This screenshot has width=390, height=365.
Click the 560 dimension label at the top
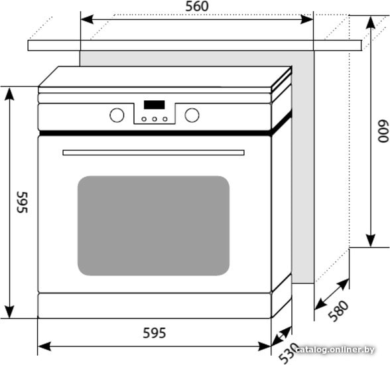[197, 7]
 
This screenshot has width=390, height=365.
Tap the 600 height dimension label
[383, 131]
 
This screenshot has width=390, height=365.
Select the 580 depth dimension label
[338, 311]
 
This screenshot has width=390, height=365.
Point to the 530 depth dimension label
[288, 353]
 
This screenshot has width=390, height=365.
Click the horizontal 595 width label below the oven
[154, 333]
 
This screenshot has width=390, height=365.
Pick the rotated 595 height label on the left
[23, 202]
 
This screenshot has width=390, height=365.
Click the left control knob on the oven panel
[117, 115]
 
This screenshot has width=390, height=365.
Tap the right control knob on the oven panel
[192, 115]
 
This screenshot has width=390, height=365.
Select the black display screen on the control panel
[154, 105]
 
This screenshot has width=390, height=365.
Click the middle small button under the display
[155, 119]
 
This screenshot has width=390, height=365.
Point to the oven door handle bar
[153, 153]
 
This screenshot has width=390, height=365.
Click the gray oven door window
[153, 226]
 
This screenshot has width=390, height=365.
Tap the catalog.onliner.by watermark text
[336, 350]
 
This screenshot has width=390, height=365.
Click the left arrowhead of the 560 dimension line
[87, 19]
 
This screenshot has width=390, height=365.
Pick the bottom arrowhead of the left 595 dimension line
[9, 312]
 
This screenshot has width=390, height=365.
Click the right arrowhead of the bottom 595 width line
[265, 346]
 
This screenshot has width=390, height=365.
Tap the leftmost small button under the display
[144, 119]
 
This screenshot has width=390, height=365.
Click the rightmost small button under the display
[165, 119]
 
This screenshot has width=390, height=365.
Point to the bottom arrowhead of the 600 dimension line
[371, 241]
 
